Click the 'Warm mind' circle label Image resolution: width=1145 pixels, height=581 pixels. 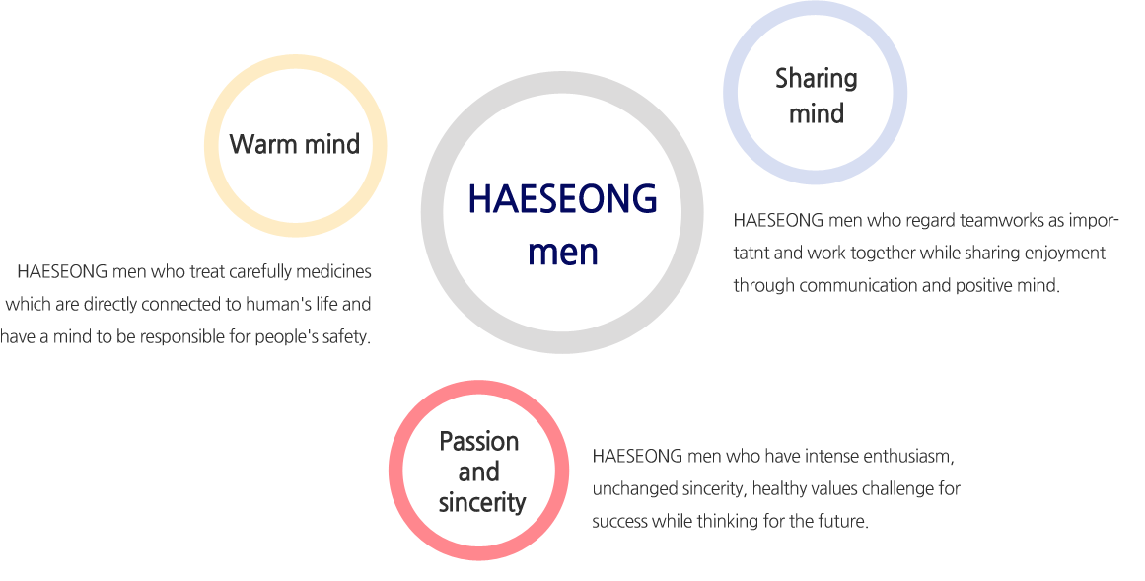coord(294,144)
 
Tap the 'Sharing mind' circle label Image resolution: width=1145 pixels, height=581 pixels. coord(817,96)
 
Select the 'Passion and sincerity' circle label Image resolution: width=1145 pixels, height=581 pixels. coord(480,472)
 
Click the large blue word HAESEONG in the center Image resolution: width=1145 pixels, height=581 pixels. coord(562,199)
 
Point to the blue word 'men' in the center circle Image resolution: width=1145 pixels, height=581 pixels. coord(563,253)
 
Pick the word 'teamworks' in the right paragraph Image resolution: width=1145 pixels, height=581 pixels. coord(1000,221)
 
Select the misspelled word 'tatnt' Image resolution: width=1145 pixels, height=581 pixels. coord(750,254)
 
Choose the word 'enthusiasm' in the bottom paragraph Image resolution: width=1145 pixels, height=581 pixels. coord(907,457)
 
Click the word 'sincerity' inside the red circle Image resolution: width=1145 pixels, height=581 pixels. coord(482,503)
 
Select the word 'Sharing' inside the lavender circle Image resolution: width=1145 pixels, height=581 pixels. coord(817,79)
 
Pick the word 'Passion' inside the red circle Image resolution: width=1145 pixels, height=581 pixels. coord(479,441)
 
